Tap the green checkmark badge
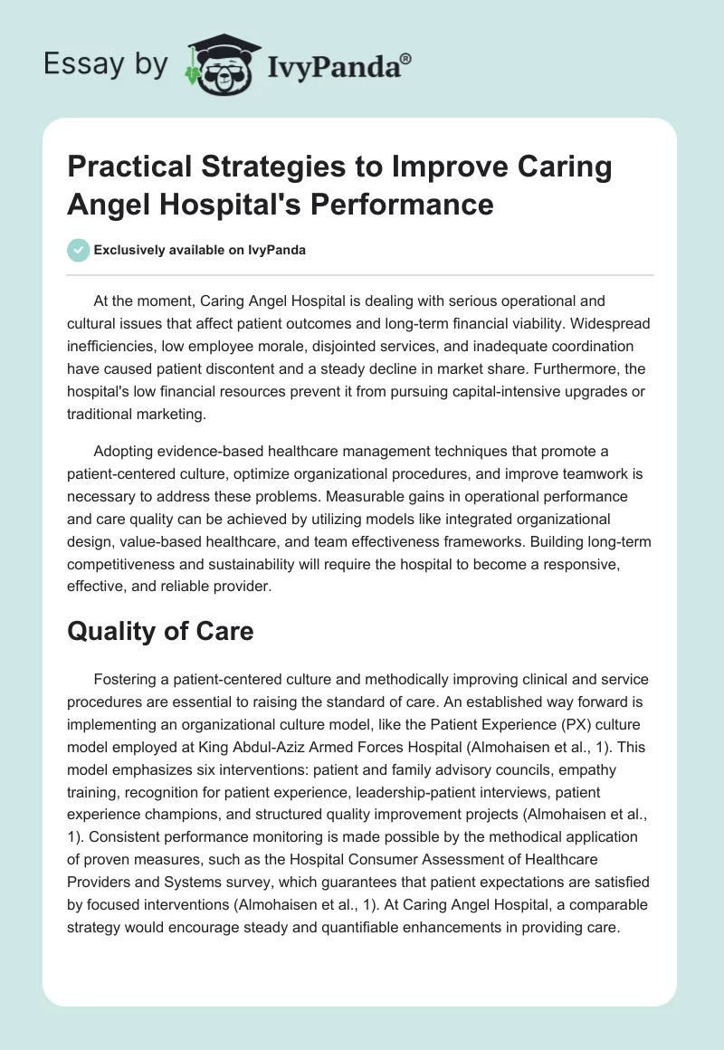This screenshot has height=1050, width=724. pos(79,250)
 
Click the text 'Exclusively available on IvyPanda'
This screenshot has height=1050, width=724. pos(201,250)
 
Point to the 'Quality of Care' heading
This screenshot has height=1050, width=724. pos(160,632)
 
